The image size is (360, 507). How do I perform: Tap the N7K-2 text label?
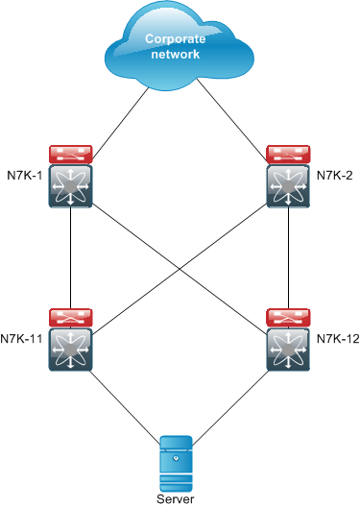pyautogui.click(x=337, y=176)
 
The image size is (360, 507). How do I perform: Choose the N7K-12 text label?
pyautogui.click(x=337, y=338)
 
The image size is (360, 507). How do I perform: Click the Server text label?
pyautogui.click(x=180, y=499)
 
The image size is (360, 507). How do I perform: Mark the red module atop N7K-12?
pyautogui.click(x=289, y=317)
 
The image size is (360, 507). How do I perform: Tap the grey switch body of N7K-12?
pyautogui.click(x=289, y=350)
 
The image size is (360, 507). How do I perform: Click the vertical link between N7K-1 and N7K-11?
pyautogui.click(x=71, y=257)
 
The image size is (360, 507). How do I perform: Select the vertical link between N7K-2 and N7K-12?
pyautogui.click(x=289, y=257)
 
